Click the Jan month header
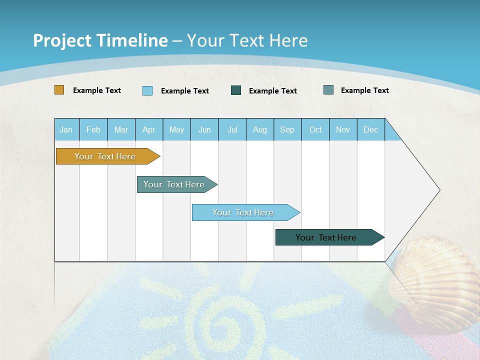click(x=66, y=129)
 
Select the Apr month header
click(x=149, y=129)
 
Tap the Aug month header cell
click(x=260, y=129)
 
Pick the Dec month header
click(x=371, y=129)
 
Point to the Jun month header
click(x=204, y=129)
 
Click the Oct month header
click(x=315, y=129)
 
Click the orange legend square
click(x=59, y=90)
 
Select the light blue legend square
click(x=147, y=90)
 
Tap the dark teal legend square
click(x=236, y=90)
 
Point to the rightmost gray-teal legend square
click(x=328, y=90)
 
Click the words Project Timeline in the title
click(x=100, y=40)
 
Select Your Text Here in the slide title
click(x=247, y=40)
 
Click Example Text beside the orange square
click(x=97, y=90)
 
